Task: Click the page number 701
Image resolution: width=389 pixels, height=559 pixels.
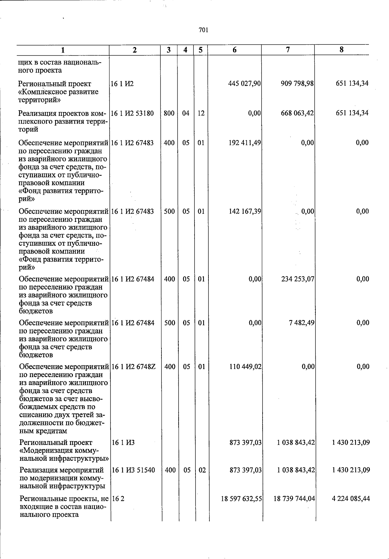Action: click(203, 30)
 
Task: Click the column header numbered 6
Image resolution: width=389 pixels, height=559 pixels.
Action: click(234, 50)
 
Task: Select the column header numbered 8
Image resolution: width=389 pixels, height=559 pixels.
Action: click(341, 50)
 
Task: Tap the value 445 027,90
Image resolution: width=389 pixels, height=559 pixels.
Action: click(245, 84)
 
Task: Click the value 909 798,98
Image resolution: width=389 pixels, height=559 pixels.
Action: click(297, 84)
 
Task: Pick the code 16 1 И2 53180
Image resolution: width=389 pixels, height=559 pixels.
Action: click(132, 113)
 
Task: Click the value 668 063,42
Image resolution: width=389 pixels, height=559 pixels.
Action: click(297, 113)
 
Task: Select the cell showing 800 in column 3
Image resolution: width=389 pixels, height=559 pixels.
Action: click(169, 113)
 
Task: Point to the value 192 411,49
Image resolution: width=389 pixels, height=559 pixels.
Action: click(245, 143)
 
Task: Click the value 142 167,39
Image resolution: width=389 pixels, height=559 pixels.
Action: click(245, 211)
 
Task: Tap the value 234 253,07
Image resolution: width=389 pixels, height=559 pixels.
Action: click(298, 279)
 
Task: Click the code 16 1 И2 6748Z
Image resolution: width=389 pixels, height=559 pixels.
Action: click(134, 367)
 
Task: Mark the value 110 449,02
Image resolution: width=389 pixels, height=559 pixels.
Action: click(245, 367)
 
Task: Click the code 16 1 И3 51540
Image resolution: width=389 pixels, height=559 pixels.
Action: click(133, 470)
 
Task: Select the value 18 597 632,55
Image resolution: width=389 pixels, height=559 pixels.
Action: click(242, 499)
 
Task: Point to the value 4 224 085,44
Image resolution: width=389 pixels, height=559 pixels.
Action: click(351, 499)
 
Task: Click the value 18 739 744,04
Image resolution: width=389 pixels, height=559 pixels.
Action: click(294, 499)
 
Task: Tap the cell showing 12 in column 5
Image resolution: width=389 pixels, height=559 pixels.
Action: click(201, 113)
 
